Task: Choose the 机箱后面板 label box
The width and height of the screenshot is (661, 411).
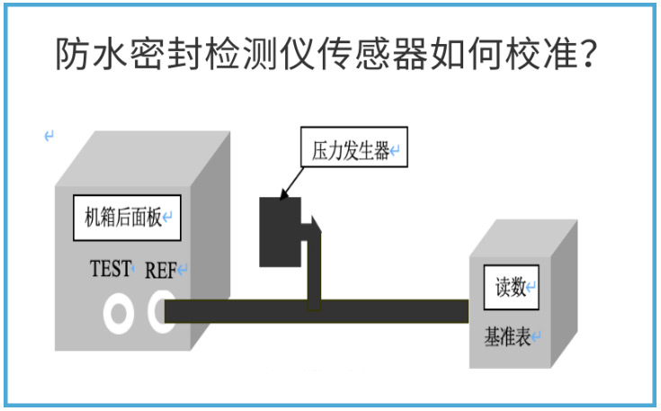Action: pyautogui.click(x=127, y=218)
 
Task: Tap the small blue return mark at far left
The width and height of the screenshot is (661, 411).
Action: pyautogui.click(x=49, y=136)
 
